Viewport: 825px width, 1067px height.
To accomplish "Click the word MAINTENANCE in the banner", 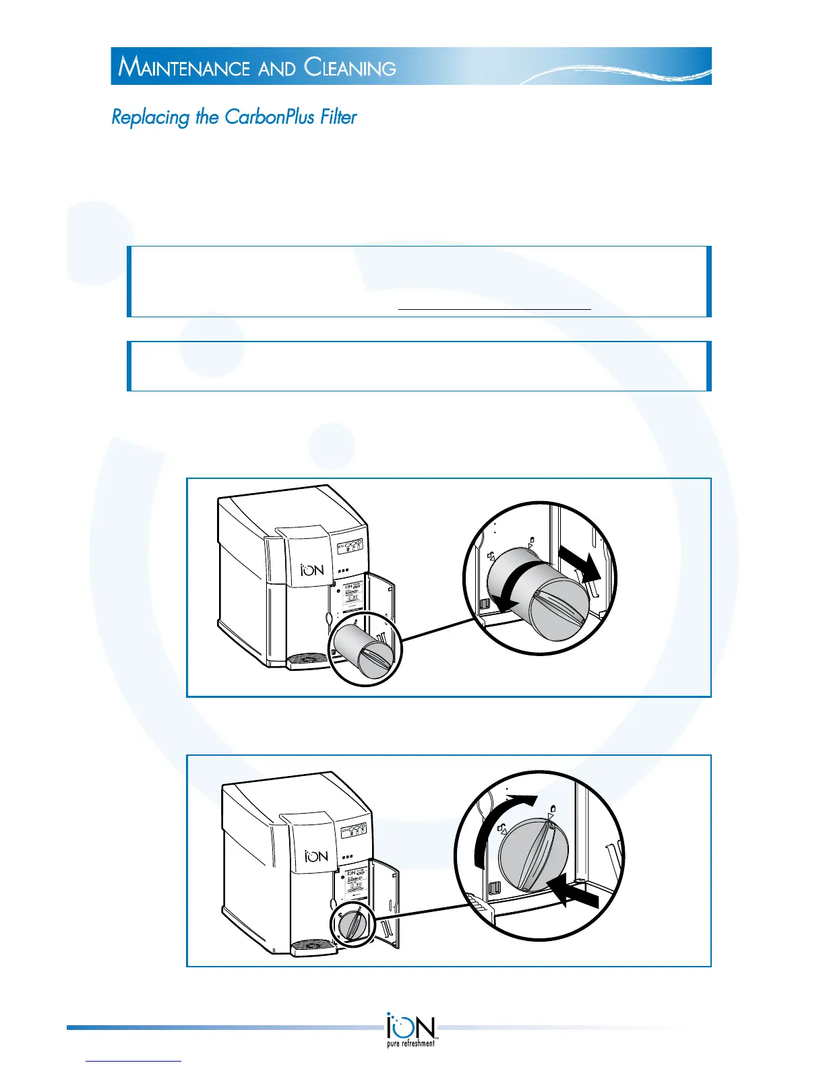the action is pos(184,67).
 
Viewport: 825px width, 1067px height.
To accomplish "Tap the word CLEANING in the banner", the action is pos(350,67).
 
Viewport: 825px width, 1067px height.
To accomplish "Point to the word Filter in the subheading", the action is pos(338,117).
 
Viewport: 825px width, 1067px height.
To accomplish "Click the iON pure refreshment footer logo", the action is pos(411,1029).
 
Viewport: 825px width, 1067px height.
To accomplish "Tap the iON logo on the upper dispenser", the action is pos(312,570).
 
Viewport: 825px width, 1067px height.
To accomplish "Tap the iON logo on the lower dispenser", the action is pos(316,856).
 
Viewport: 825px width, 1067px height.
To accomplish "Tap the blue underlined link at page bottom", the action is pos(134,1060).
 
